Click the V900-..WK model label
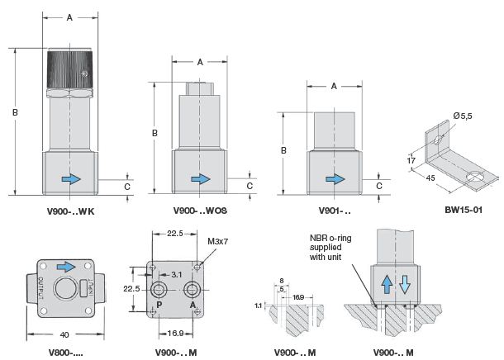[69, 211]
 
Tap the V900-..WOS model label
[199, 211]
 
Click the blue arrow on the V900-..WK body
[73, 178]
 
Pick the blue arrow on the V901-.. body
[334, 178]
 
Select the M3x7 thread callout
[217, 242]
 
